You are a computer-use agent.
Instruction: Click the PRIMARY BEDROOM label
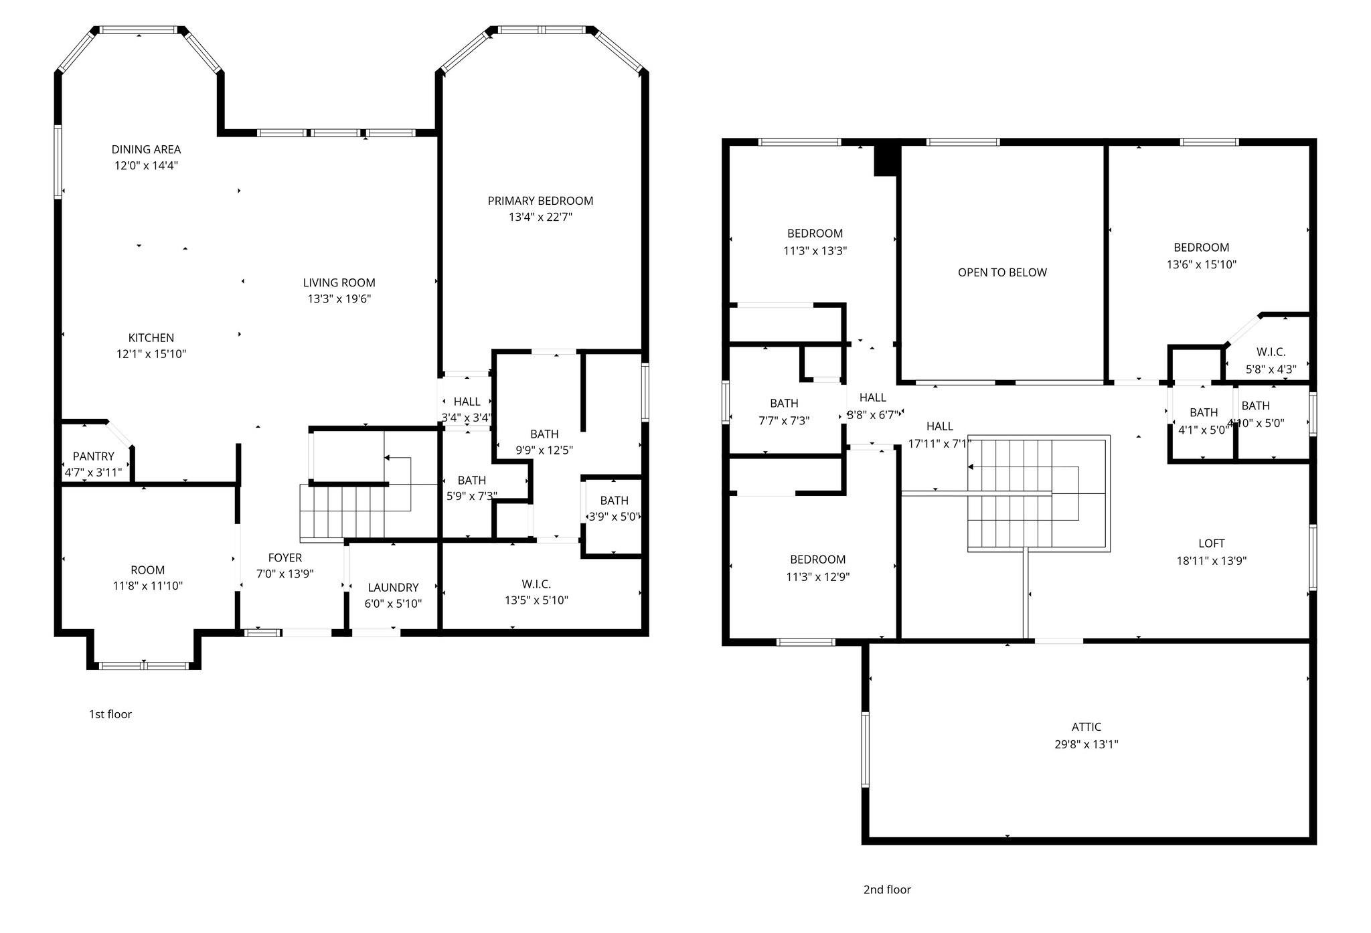[540, 201]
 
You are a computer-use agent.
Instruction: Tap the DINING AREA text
[146, 149]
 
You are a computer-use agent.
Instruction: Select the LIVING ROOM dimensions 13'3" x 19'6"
[339, 299]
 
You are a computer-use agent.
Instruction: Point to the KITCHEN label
[151, 338]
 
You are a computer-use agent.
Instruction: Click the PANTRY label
[94, 456]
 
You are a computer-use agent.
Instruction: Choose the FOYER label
[285, 558]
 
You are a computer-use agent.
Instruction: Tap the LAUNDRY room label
[393, 588]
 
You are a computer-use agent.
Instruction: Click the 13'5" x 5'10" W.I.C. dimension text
[536, 600]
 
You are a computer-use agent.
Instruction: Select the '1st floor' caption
[110, 714]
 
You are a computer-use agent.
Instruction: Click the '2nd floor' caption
[887, 889]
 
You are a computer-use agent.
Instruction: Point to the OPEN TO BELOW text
[1002, 272]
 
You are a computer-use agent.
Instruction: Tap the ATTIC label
[1086, 727]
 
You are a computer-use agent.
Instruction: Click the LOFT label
[1212, 543]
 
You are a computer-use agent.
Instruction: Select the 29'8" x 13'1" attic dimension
[1086, 744]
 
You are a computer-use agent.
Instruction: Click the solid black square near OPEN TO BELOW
[886, 161]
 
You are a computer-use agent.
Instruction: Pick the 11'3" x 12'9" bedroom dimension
[818, 577]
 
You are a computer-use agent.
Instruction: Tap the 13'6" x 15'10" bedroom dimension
[1202, 264]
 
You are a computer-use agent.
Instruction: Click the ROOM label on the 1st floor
[147, 570]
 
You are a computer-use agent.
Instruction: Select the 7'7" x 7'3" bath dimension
[784, 421]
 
